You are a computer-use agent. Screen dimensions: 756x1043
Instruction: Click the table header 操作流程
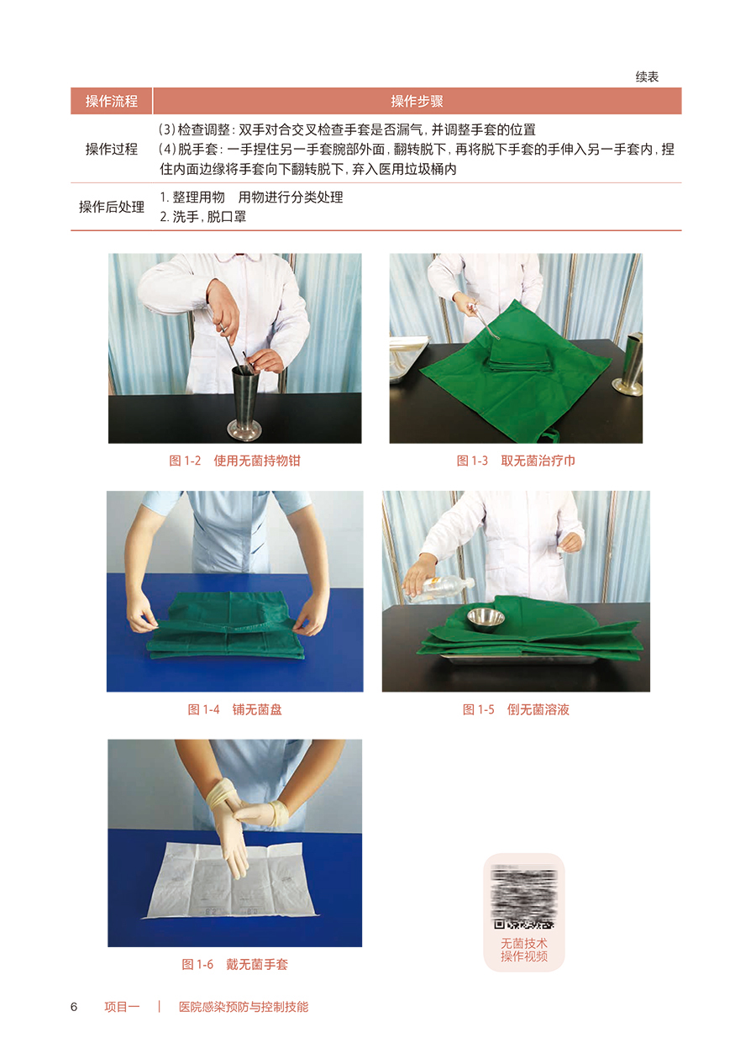pyautogui.click(x=111, y=101)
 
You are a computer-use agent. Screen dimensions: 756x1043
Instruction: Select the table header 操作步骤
pyautogui.click(x=417, y=101)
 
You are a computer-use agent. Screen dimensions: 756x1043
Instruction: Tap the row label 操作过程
pyautogui.click(x=111, y=149)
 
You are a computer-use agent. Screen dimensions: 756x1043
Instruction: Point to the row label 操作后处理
pyautogui.click(x=111, y=207)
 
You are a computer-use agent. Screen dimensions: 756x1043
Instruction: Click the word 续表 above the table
pyautogui.click(x=647, y=76)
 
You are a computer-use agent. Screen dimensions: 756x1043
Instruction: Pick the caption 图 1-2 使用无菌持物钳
pyautogui.click(x=234, y=461)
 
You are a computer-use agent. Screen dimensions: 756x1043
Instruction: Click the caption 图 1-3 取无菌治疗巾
pyautogui.click(x=516, y=461)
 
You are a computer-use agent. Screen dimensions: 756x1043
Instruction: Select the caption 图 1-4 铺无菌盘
pyautogui.click(x=234, y=709)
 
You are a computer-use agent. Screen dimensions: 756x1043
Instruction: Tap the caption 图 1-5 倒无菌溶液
pyautogui.click(x=516, y=709)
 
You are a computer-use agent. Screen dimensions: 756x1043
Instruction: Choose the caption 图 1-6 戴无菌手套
pyautogui.click(x=234, y=964)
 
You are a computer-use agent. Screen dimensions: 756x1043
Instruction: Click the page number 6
pyautogui.click(x=74, y=1007)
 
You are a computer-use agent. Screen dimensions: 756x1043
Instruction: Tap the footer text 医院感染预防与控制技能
pyautogui.click(x=244, y=1007)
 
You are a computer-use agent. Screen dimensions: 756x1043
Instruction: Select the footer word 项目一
pyautogui.click(x=122, y=1007)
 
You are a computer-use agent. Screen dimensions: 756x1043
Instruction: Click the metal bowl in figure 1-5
pyautogui.click(x=486, y=619)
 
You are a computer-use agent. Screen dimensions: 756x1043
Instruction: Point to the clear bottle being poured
pyautogui.click(x=440, y=589)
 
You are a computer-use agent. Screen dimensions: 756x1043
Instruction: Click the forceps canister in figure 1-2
pyautogui.click(x=244, y=403)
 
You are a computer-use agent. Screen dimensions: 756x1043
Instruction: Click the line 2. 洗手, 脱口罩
pyautogui.click(x=203, y=217)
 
